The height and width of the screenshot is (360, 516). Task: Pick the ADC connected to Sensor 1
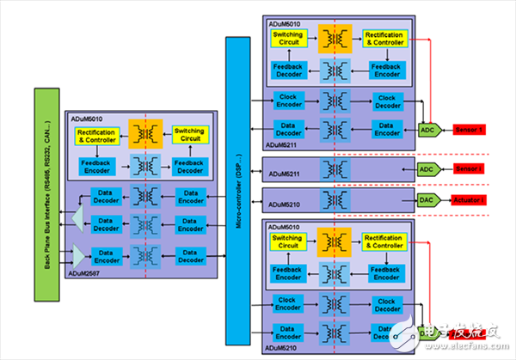point(427,129)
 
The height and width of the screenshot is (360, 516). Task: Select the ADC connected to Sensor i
point(427,168)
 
